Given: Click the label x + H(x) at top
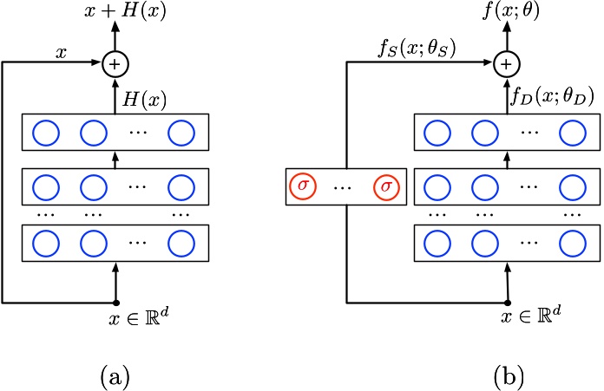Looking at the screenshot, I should tap(115, 12).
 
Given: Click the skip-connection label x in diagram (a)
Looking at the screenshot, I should tap(61, 52).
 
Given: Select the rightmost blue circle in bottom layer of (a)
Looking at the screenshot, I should tap(181, 241).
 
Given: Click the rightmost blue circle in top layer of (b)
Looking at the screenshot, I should tap(573, 134).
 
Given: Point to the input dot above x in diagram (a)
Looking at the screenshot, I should tap(115, 303).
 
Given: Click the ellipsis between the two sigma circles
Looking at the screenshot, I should tap(342, 187).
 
